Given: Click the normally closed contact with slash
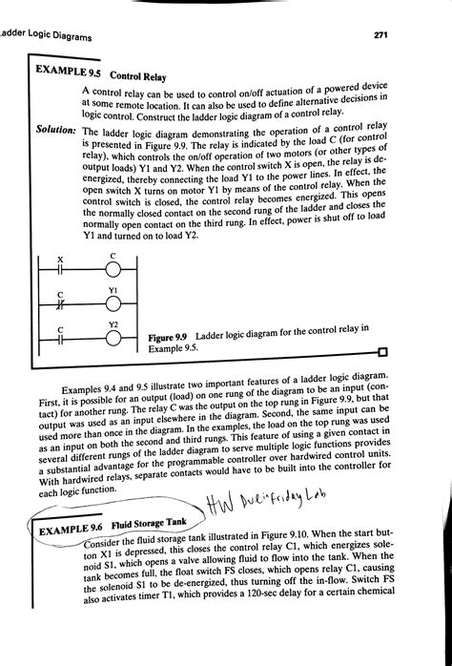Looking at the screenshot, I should pos(60,306).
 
